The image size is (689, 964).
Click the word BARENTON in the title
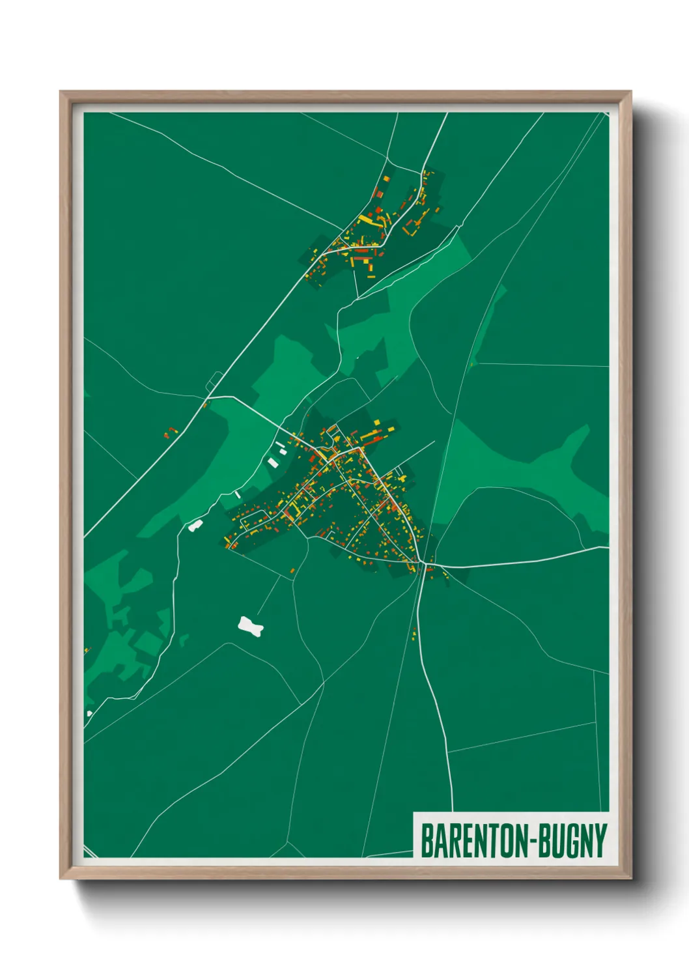coord(477,841)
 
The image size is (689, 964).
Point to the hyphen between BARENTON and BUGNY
coord(538,842)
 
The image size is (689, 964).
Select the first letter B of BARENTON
coord(427,841)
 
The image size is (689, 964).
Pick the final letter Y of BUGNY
coord(600,841)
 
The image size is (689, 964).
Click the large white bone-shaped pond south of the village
coord(251,627)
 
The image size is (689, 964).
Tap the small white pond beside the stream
coord(195,525)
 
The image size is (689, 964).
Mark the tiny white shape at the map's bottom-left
coord(89,714)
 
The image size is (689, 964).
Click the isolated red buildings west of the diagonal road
coord(171,432)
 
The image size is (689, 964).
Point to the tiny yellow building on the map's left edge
coord(86,650)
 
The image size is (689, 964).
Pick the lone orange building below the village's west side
coord(292,571)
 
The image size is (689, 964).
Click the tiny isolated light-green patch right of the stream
coord(184,640)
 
